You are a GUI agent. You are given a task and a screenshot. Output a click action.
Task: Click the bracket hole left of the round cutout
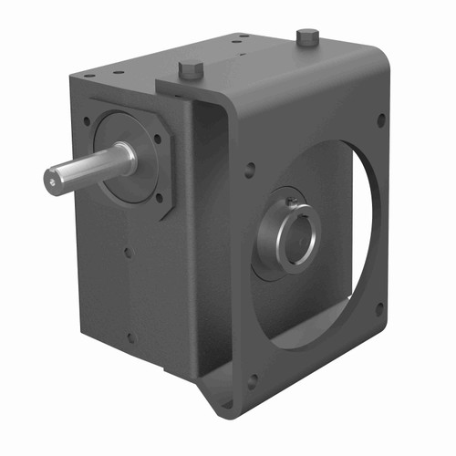tap(250, 168)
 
